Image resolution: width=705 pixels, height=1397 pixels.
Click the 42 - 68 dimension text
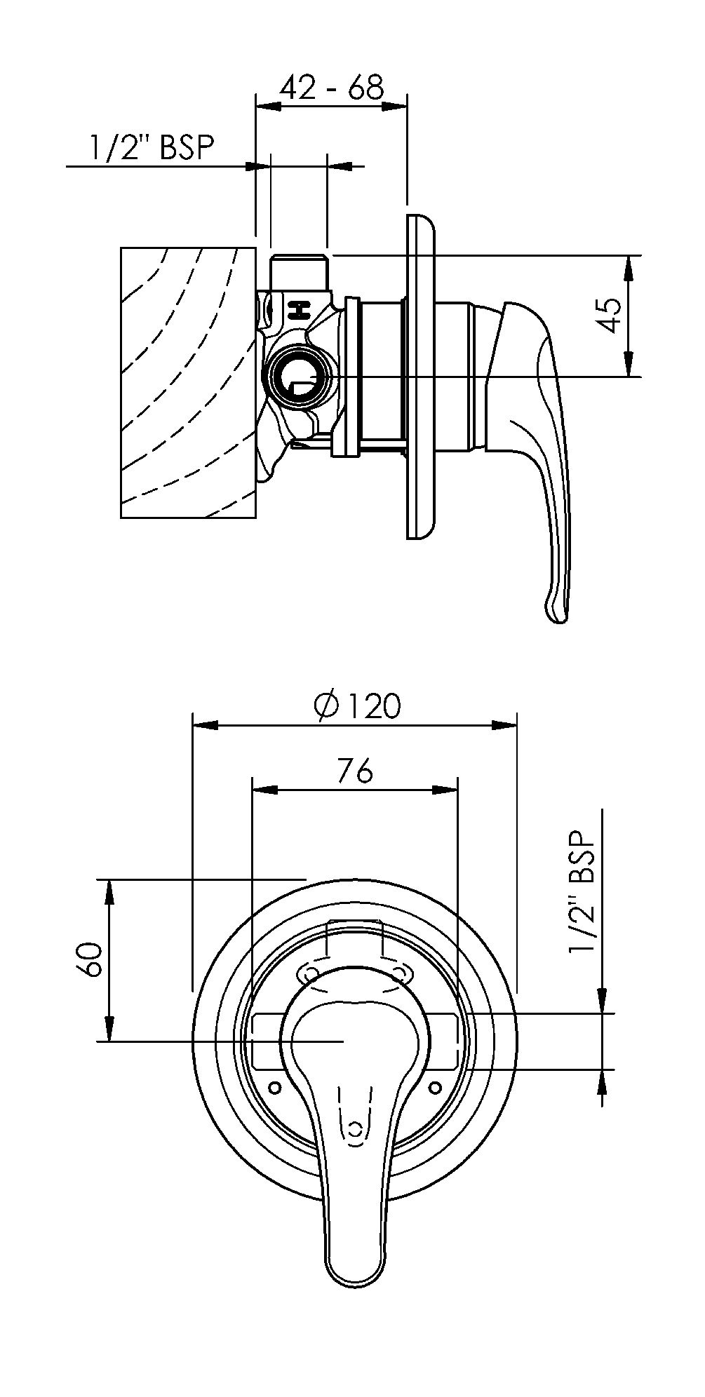pos(332,87)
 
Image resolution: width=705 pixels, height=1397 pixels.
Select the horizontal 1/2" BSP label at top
pos(151,148)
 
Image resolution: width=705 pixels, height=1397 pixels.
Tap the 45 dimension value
pos(609,315)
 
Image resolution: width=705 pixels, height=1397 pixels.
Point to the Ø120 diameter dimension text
pos(358,706)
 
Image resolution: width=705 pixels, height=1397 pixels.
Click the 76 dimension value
pos(355,772)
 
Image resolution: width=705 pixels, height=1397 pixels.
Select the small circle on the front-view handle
pos(356,1128)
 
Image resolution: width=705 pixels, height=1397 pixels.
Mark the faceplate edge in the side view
pos(419,375)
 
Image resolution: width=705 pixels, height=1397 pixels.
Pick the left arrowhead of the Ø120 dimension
pos(204,724)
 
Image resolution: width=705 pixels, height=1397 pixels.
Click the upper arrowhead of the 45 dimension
pos(629,266)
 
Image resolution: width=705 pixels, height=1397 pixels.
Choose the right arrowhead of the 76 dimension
pos(445,790)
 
